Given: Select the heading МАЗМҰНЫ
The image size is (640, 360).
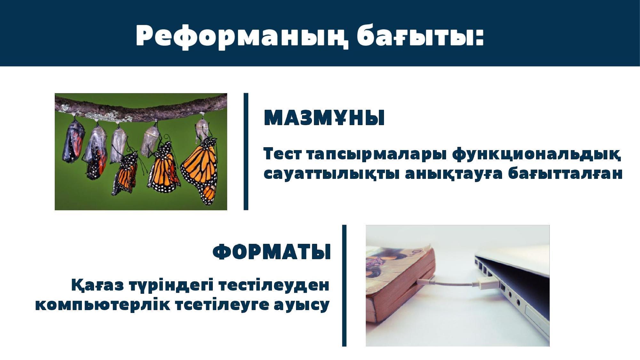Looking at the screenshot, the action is point(324,117).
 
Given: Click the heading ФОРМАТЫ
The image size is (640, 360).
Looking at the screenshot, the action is point(272,252).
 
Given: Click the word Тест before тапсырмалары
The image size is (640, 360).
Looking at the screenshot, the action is point(283,154).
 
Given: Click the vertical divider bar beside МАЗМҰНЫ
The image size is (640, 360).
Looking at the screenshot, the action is point(246,152).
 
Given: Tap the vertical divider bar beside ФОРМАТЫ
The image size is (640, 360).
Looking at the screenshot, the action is point(344,285).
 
